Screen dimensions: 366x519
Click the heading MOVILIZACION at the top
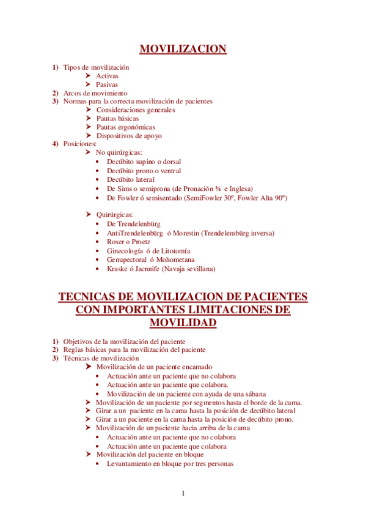183,49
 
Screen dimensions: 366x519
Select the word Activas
108,76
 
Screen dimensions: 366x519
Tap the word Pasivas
107,84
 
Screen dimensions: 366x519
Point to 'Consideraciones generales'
136,110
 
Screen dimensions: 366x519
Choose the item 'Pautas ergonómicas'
126,127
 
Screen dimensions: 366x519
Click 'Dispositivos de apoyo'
129,135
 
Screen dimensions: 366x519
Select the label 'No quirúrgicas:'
119,152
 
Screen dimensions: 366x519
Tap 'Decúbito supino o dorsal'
144,162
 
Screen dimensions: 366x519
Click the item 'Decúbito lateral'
131,180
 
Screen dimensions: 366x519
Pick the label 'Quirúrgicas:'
114,215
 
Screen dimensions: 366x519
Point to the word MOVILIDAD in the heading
183,323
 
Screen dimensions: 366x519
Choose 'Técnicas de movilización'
101,358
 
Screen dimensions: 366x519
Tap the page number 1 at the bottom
183,493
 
